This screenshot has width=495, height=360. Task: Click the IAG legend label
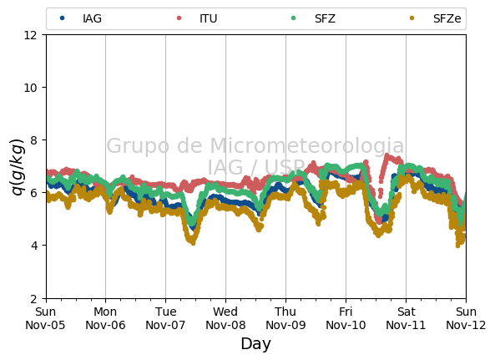pyautogui.click(x=92, y=18)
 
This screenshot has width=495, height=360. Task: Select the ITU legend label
pyautogui.click(x=209, y=18)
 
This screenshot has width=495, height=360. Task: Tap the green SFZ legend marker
pyautogui.click(x=293, y=18)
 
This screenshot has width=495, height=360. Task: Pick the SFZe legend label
pyautogui.click(x=447, y=18)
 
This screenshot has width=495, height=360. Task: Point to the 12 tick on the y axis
pyautogui.click(x=30, y=35)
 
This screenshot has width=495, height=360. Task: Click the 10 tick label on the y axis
pyautogui.click(x=30, y=88)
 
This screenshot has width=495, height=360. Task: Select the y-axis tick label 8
pyautogui.click(x=33, y=140)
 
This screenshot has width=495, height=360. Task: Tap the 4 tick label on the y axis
pyautogui.click(x=33, y=246)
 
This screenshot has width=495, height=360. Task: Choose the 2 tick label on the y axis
pyautogui.click(x=33, y=298)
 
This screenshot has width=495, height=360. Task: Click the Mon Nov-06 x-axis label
pyautogui.click(x=105, y=318)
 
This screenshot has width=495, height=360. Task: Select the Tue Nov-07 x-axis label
pyautogui.click(x=165, y=318)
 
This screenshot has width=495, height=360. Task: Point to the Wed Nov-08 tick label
pyautogui.click(x=225, y=318)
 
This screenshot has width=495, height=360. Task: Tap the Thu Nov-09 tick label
pyautogui.click(x=285, y=318)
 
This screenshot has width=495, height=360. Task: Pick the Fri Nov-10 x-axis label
pyautogui.click(x=346, y=318)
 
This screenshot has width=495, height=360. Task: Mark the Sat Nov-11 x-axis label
pyautogui.click(x=406, y=318)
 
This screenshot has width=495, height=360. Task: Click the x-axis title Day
pyautogui.click(x=255, y=344)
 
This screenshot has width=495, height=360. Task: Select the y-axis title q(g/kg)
pyautogui.click(x=18, y=167)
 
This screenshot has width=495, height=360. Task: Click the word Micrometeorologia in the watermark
pyautogui.click(x=307, y=145)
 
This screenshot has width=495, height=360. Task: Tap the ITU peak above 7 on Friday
pyautogui.click(x=386, y=155)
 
